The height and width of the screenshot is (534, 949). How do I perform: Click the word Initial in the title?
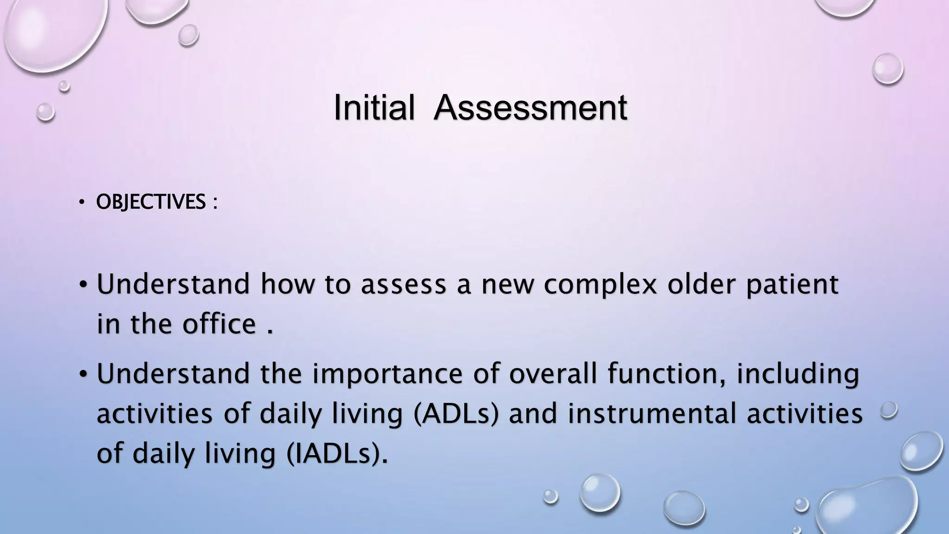(x=373, y=108)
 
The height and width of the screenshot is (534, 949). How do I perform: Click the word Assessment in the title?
(x=530, y=108)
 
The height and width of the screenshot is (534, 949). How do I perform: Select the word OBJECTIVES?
(x=151, y=202)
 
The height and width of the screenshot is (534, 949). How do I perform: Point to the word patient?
(x=792, y=285)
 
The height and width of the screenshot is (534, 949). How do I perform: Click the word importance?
(x=387, y=375)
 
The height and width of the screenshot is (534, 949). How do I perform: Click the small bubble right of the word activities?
(x=888, y=410)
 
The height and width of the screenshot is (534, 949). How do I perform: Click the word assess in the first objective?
(x=403, y=285)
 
